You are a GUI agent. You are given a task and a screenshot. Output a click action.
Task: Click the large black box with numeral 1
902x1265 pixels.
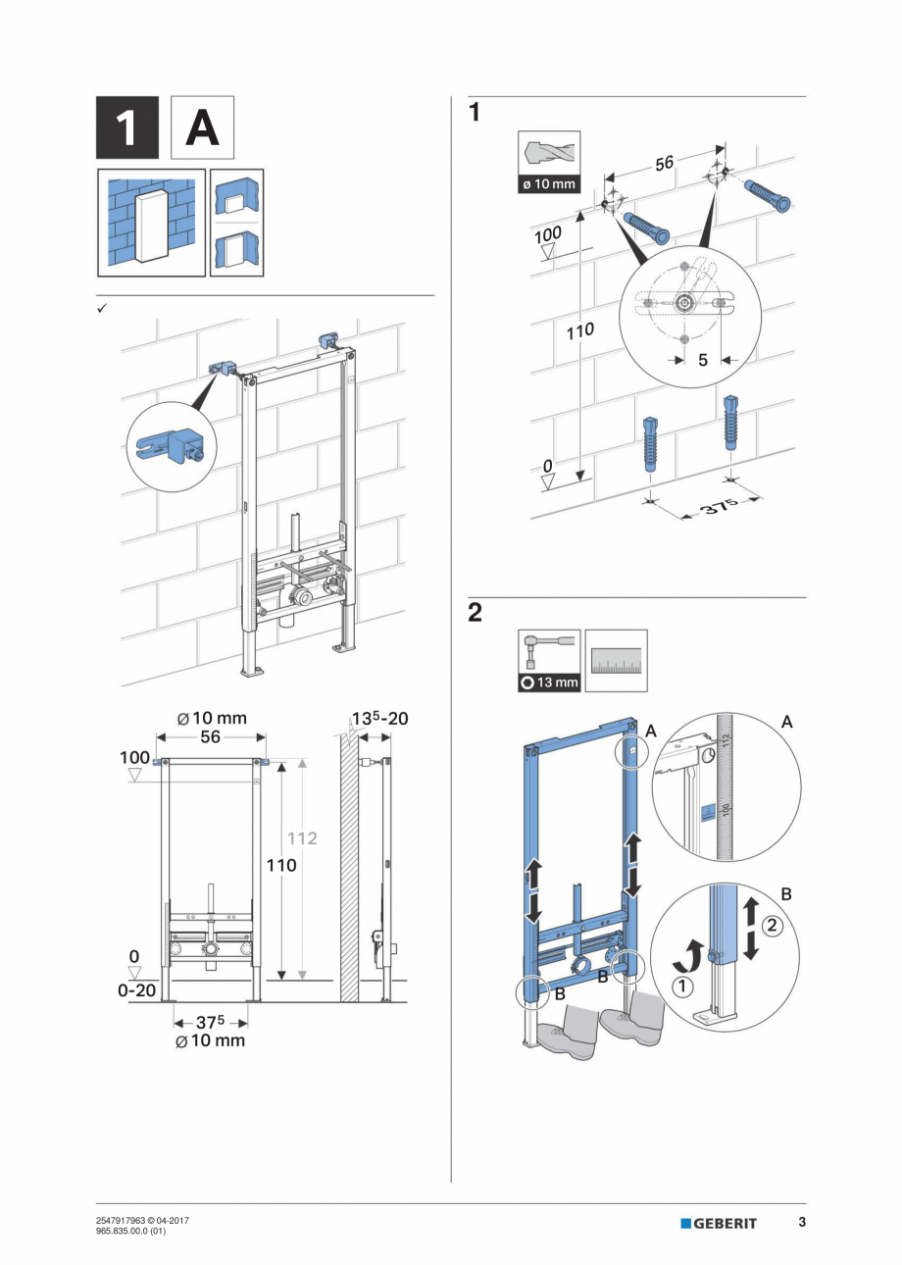[x=126, y=127]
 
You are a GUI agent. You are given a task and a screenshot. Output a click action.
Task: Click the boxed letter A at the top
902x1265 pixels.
[x=202, y=127]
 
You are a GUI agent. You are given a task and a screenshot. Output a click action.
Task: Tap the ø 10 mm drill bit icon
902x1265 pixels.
[x=548, y=162]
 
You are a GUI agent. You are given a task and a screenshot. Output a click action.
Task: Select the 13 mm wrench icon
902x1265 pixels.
[x=549, y=660]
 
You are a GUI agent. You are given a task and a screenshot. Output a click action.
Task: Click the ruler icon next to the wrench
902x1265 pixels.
[x=617, y=660]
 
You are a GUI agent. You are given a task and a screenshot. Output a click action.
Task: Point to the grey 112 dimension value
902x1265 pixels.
[x=303, y=838]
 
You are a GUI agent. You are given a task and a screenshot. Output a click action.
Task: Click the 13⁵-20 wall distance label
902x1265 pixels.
[x=376, y=719]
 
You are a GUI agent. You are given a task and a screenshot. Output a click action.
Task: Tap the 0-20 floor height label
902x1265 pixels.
[x=137, y=990]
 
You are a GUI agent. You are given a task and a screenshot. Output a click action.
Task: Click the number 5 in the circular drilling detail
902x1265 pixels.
[x=702, y=360]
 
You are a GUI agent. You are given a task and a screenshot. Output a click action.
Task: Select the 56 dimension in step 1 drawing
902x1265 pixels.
[x=665, y=164]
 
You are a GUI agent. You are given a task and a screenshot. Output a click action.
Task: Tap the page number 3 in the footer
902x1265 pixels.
[x=801, y=1222]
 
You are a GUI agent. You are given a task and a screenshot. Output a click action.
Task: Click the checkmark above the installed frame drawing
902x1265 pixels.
[x=101, y=308]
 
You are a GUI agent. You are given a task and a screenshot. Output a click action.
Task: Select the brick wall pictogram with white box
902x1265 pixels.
[x=151, y=223]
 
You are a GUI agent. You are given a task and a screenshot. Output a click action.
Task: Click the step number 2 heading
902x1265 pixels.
[x=475, y=613]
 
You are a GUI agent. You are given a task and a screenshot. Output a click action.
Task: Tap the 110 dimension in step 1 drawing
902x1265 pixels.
[x=579, y=331]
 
